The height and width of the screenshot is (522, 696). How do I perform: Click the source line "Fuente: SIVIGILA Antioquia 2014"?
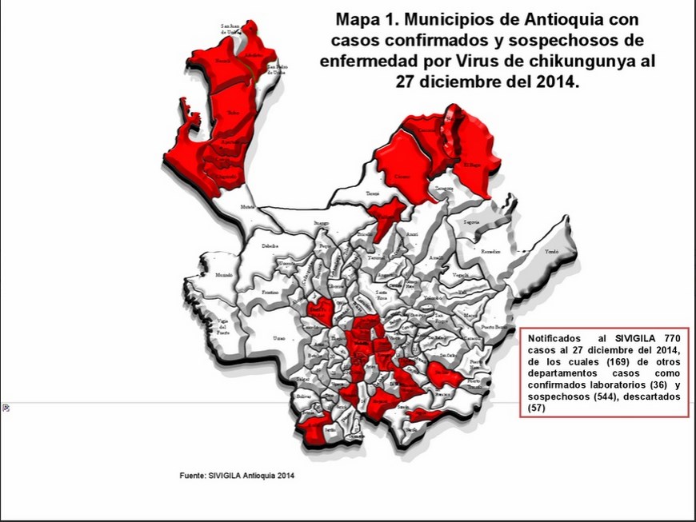click(236, 476)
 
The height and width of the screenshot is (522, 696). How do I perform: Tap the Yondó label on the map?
click(550, 250)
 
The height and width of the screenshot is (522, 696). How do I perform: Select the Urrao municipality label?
click(279, 339)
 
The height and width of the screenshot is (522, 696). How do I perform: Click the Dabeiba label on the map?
click(270, 246)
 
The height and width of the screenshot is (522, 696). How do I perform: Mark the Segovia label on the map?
click(472, 221)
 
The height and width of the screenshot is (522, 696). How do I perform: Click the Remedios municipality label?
click(490, 251)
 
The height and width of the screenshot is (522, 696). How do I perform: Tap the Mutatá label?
click(247, 206)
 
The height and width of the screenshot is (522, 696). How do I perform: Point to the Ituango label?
click(321, 222)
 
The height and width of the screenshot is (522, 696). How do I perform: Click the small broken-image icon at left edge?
click(6, 408)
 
